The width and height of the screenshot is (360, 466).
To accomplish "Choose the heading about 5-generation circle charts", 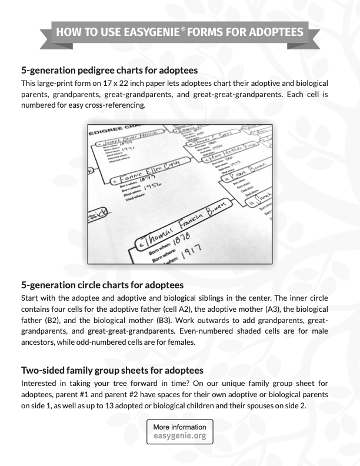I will (103, 286).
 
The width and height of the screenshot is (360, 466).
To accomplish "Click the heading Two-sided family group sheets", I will (112, 370).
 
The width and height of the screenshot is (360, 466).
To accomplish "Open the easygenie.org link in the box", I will (179, 437).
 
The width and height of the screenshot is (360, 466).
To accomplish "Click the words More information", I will (179, 427).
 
